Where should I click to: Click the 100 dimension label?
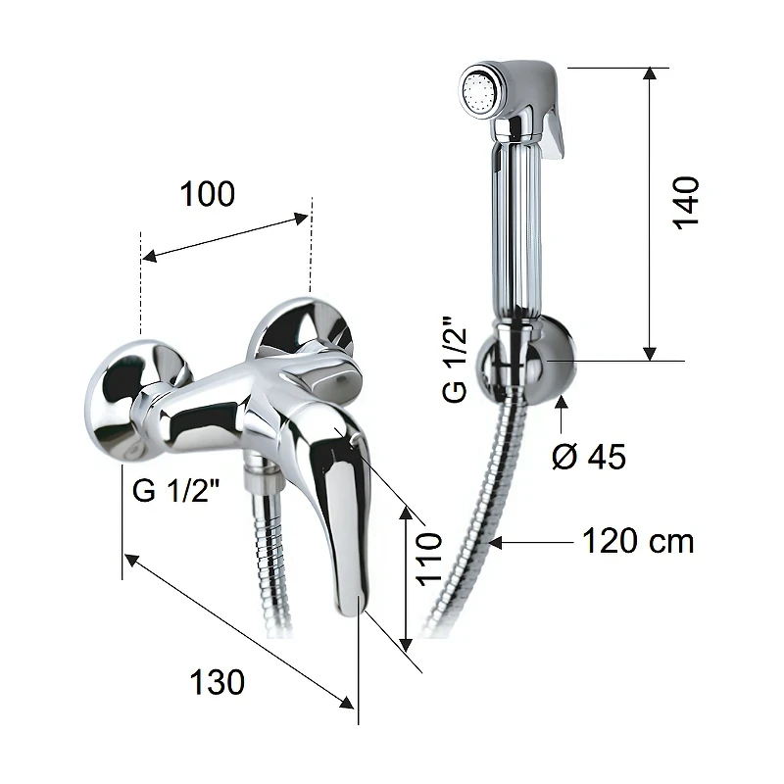207,194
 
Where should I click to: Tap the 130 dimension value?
217,682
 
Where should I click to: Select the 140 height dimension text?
685,203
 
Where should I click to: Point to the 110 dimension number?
429,559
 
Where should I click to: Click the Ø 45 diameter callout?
589,456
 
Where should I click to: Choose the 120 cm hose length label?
639,541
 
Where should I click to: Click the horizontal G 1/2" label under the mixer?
176,490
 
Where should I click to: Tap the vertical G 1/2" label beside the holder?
455,359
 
